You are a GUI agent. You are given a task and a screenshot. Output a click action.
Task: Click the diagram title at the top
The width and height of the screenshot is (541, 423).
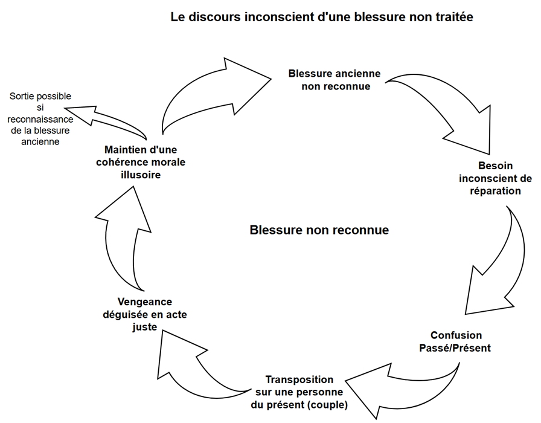tap(322, 18)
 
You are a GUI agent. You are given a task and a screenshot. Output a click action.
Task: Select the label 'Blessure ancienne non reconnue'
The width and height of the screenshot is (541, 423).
tap(335, 80)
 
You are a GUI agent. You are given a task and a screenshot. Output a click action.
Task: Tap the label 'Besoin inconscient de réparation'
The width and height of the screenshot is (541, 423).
tap(495, 178)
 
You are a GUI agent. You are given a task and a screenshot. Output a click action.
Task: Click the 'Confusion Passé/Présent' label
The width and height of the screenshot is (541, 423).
tap(456, 341)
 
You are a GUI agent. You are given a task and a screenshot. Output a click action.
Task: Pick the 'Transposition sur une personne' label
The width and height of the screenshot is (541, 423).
tap(299, 392)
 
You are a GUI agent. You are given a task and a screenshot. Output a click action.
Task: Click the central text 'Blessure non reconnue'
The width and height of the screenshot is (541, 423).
tap(319, 230)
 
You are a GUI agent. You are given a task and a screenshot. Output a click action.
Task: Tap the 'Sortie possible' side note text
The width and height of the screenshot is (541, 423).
tap(40, 118)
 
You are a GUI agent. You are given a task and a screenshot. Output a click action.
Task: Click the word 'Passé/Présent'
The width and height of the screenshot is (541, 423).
tap(456, 348)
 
